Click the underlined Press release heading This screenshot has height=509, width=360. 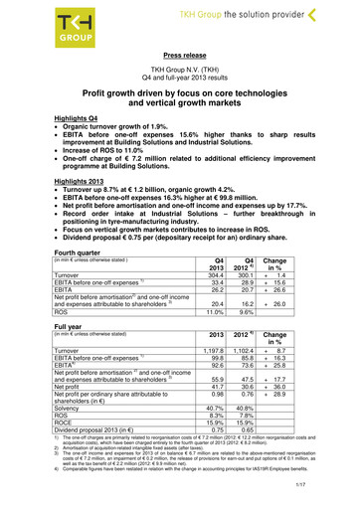pyautogui.click(x=179, y=58)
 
